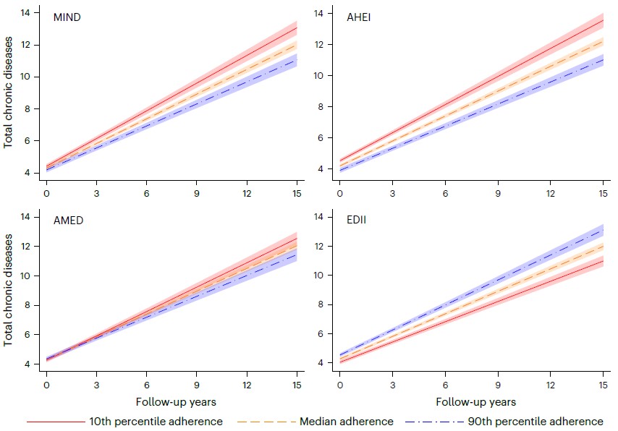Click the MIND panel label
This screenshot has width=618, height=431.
67,17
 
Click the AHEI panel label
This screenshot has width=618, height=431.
358,16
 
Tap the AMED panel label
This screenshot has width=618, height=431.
69,221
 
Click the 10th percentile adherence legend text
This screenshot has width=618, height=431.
156,422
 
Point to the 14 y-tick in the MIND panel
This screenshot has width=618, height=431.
25,13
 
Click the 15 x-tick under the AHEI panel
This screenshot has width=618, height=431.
603,194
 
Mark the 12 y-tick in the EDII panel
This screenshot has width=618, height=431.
318,246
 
